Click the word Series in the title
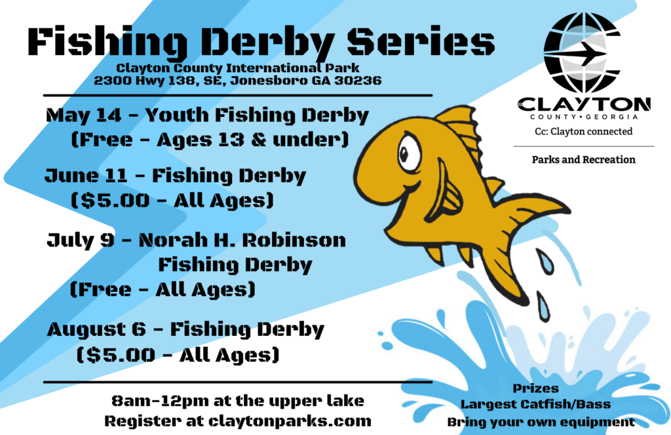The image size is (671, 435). point(420,42)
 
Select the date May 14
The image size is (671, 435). point(84,115)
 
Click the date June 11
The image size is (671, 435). point(86,176)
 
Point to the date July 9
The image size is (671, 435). point(81,240)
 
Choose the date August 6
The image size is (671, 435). point(97,329)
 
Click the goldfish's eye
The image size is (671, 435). point(410,154)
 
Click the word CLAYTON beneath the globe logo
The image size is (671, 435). point(584,104)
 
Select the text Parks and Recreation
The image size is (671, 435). point(584,160)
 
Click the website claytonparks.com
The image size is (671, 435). point(290,421)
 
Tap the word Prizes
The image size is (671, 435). point(536,388)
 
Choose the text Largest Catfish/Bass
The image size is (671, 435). point(536,404)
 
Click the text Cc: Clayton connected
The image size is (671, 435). point(584,132)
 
